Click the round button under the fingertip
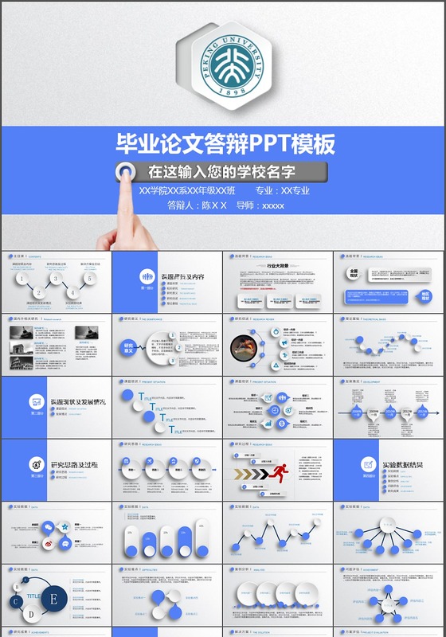(126, 170)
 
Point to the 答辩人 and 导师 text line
(225, 205)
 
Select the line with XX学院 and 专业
(225, 191)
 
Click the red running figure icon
(279, 473)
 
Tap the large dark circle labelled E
(53, 599)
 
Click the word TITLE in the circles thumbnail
(33, 596)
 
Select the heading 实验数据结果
(402, 465)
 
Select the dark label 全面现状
(354, 272)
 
